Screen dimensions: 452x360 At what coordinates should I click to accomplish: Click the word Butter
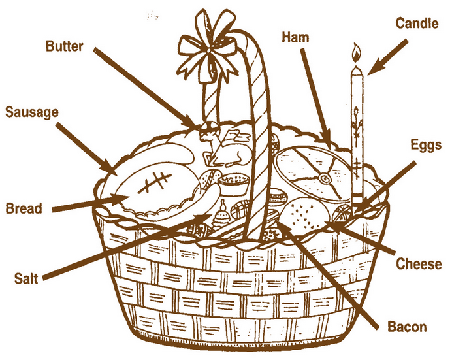click(x=64, y=46)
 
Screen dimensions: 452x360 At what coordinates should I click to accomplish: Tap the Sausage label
click(x=32, y=112)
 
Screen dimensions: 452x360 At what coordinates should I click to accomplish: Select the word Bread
click(x=24, y=208)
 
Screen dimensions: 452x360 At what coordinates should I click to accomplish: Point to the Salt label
click(x=26, y=278)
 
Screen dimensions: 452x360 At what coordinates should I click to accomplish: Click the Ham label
click(x=295, y=37)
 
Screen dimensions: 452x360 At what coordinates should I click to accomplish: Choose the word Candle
click(x=417, y=23)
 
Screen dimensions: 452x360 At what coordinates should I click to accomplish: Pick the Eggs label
click(x=426, y=145)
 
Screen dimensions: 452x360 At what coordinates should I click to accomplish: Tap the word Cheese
click(x=419, y=264)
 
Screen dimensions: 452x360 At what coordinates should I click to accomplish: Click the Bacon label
click(x=407, y=327)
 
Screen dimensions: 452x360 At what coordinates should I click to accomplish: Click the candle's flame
click(x=357, y=53)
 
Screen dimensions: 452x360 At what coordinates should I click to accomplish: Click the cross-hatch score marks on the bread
click(x=153, y=182)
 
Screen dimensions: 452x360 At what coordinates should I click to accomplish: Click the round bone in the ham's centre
click(x=325, y=179)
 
